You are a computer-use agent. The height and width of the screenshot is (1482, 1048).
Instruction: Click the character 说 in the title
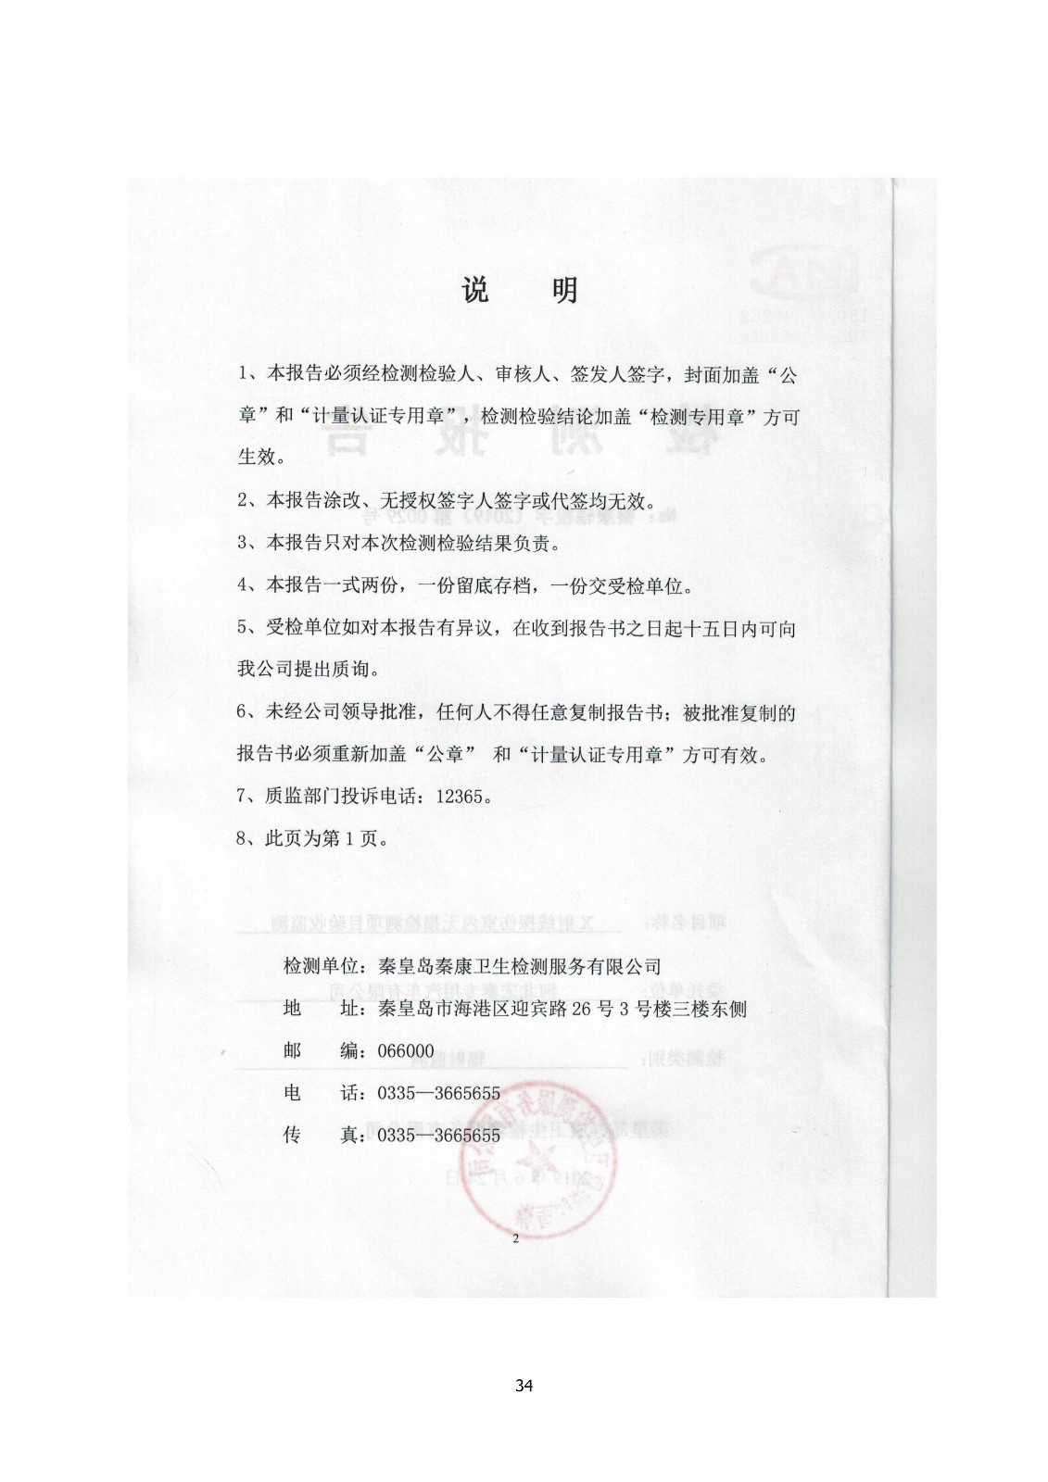pos(474,291)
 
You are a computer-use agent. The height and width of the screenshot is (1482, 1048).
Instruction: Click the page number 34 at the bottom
pos(524,1387)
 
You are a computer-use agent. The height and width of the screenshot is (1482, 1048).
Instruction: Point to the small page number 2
pos(516,1238)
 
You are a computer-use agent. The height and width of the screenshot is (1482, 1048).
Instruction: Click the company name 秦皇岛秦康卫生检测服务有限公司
pos(513,966)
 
